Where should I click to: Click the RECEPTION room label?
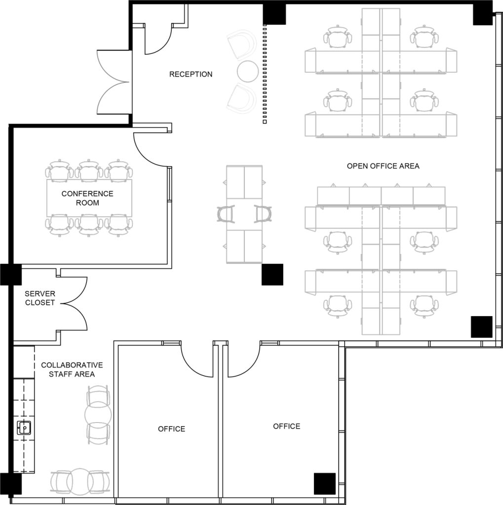pos(191,74)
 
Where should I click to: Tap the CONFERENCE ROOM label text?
pos(87,198)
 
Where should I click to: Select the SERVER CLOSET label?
pos(40,298)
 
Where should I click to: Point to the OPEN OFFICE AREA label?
pos(383,166)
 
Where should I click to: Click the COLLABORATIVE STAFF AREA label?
pos(72,369)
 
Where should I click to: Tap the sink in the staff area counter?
pos(24,428)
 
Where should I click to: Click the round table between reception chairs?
pos(247,71)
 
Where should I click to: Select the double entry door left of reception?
pos(114,82)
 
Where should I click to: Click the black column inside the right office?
pos(324,483)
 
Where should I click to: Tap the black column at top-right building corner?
pos(482,13)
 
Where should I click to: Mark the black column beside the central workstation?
pos(272,274)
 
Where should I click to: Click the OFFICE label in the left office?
pos(171,429)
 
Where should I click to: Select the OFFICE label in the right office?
pos(286,426)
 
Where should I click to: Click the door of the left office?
pos(196,360)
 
